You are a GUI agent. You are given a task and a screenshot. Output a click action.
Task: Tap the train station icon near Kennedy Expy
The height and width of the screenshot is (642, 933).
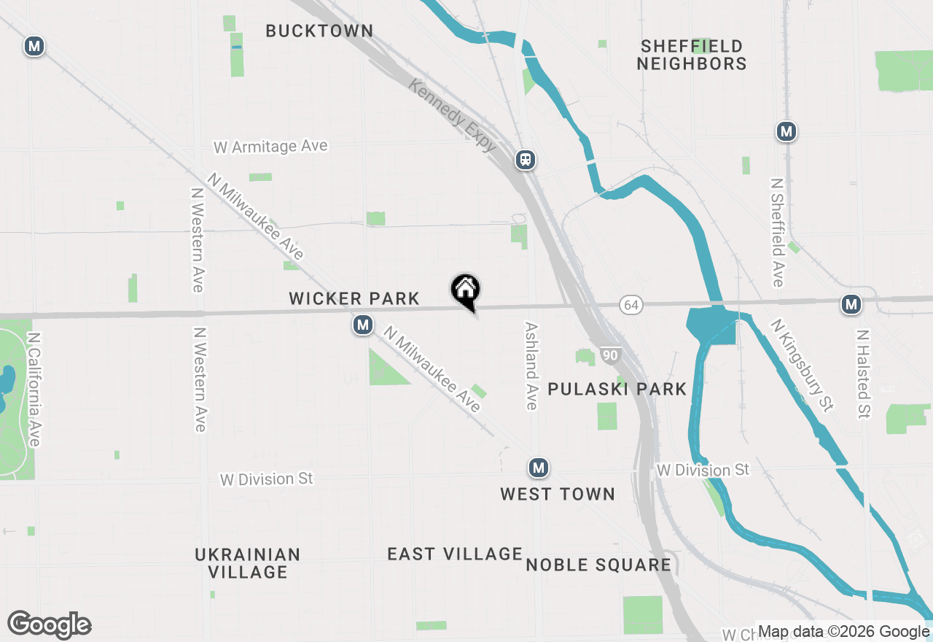click(x=525, y=160)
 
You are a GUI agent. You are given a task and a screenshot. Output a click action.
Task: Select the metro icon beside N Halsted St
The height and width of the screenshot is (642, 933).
click(x=851, y=304)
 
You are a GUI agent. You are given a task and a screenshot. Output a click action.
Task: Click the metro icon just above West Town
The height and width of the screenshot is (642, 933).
click(x=538, y=468)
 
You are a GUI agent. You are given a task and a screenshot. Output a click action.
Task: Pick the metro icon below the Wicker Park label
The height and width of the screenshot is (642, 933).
click(x=363, y=325)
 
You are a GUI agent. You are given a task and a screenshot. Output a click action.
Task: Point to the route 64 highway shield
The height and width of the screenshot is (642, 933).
click(x=631, y=305)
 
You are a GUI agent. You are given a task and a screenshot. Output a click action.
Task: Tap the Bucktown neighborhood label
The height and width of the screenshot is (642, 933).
click(x=319, y=31)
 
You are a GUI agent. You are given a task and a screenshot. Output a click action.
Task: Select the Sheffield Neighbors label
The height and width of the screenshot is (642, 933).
click(x=691, y=55)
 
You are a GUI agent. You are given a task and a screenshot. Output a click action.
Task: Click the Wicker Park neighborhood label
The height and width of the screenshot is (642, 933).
click(x=354, y=298)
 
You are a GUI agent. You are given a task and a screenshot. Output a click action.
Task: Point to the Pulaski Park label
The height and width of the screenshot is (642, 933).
click(x=617, y=389)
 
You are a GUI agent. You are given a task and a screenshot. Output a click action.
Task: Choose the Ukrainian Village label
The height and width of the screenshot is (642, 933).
click(x=248, y=562)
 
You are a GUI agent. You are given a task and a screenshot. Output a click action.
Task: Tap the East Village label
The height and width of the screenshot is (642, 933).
click(x=455, y=554)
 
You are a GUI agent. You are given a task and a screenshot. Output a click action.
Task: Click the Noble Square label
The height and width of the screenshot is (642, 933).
click(x=598, y=565)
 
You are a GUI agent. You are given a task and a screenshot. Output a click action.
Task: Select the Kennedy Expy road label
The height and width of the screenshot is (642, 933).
click(x=453, y=115)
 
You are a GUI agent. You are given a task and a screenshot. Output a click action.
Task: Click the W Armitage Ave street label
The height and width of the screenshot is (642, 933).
click(x=270, y=147)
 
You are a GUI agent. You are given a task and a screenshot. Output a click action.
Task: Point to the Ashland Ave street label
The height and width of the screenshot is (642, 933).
click(x=531, y=366)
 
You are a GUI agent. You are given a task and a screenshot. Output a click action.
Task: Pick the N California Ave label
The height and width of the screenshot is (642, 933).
click(x=34, y=390)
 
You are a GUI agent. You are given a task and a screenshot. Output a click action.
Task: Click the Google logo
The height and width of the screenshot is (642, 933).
click(x=49, y=625)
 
